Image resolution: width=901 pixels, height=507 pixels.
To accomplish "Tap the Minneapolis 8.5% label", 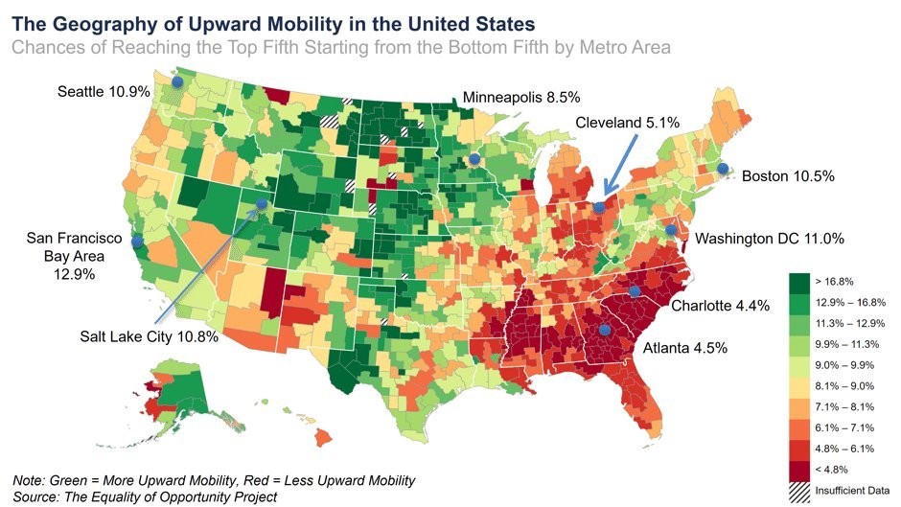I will pyautogui.click(x=521, y=97).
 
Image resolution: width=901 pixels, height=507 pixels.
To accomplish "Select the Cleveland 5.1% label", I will pyautogui.click(x=627, y=122).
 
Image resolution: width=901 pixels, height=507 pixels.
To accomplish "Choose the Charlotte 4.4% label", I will pyautogui.click(x=713, y=306).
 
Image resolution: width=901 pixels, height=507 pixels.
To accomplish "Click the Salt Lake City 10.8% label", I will pyautogui.click(x=149, y=336).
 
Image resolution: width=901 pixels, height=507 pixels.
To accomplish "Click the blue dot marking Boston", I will pyautogui.click(x=723, y=169).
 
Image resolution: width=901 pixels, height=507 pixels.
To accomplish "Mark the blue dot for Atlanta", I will pyautogui.click(x=604, y=330).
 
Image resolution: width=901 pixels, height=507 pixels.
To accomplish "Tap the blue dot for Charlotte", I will pyautogui.click(x=634, y=291).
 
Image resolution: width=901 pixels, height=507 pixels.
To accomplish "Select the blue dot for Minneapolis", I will pyautogui.click(x=474, y=159).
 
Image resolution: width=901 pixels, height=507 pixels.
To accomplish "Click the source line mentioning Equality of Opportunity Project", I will pyautogui.click(x=145, y=495).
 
